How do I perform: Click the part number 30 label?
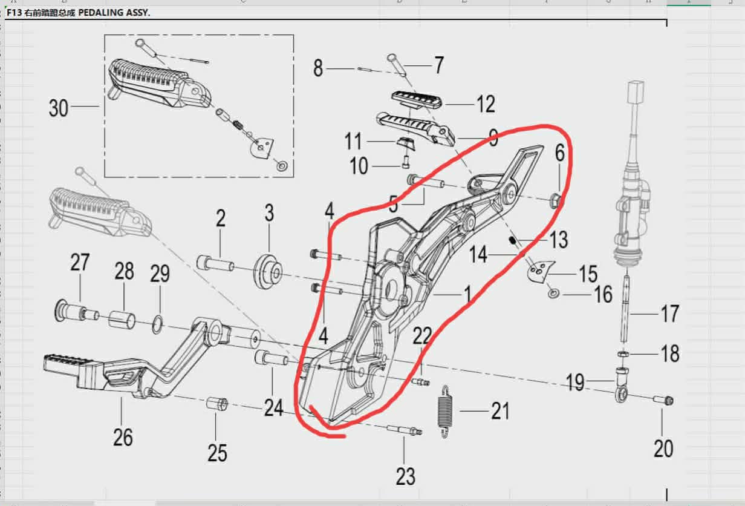59,108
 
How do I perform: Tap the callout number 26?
123,436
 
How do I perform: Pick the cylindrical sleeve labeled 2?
215,264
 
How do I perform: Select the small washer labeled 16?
554,294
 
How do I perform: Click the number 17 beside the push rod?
669,314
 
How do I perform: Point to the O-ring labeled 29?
157,324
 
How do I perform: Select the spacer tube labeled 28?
123,319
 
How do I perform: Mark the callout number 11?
353,142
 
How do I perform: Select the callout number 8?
318,68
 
